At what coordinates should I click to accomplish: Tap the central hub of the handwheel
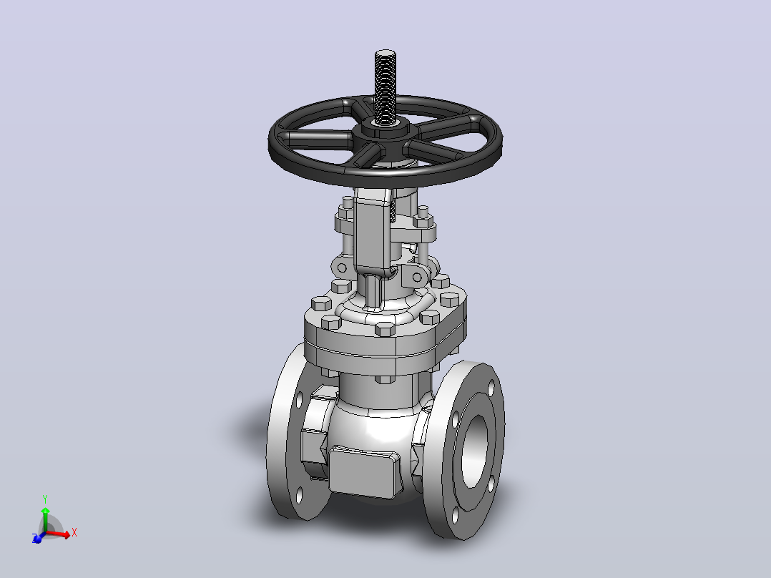pyautogui.click(x=385, y=132)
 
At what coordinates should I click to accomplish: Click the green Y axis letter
pyautogui.click(x=45, y=499)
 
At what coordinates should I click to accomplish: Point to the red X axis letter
pyautogui.click(x=74, y=532)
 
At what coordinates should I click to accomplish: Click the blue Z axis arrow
pyautogui.click(x=38, y=538)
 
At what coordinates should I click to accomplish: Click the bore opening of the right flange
pyautogui.click(x=474, y=450)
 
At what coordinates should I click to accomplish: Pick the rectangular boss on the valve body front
pyautogui.click(x=364, y=471)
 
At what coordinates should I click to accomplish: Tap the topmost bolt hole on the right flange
pyautogui.click(x=491, y=387)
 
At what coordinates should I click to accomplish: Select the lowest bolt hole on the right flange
pyautogui.click(x=456, y=516)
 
